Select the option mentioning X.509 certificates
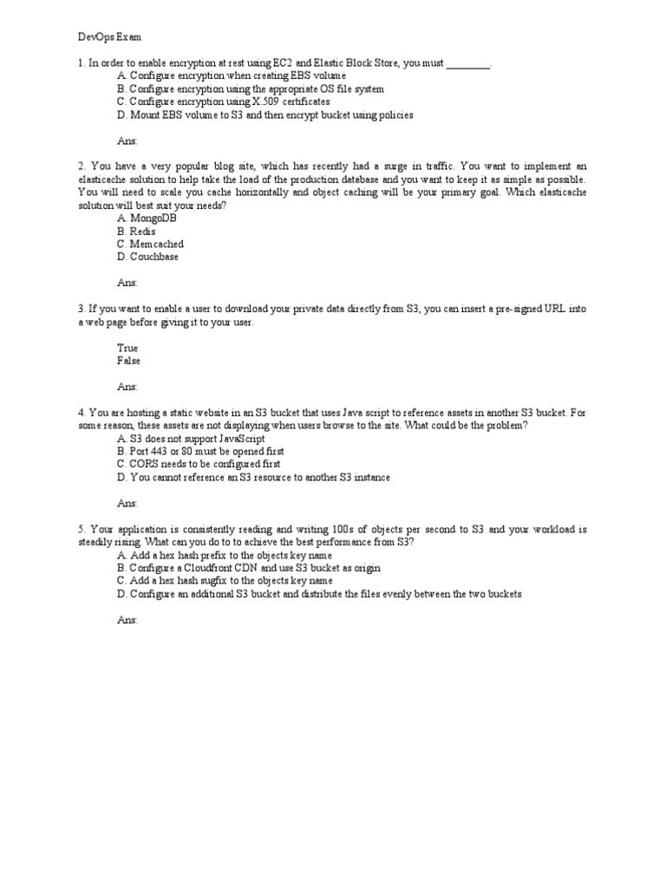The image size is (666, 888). pos(223,101)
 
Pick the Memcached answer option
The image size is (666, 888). pos(150,245)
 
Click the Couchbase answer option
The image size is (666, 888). pos(147,258)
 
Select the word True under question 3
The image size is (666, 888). pos(127,348)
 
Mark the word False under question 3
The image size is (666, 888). pos(128,361)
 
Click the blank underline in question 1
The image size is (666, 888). pos(468,64)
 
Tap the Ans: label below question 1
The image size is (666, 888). pos(127,140)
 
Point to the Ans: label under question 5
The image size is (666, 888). pos(127,620)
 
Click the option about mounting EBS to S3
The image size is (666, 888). pos(264,114)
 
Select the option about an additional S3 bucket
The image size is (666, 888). pos(319,594)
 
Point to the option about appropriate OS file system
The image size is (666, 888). pos(250,88)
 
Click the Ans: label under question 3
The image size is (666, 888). pos(127,387)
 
